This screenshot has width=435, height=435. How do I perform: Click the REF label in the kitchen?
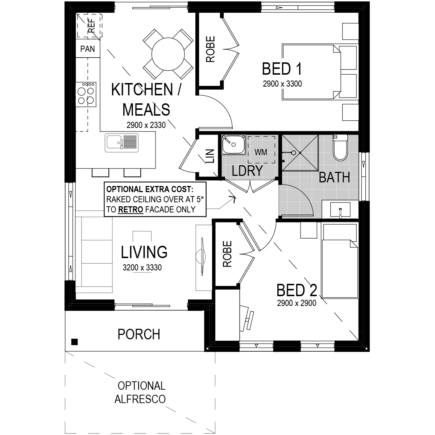91,25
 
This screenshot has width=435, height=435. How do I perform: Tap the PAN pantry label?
88,49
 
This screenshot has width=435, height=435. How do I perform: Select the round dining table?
168,54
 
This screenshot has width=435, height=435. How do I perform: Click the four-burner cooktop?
86,94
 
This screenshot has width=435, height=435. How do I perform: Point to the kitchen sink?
122,143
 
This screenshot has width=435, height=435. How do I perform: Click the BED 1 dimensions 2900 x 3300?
282,84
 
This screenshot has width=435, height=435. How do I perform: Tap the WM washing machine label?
261,152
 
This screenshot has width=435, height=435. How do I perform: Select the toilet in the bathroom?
340,148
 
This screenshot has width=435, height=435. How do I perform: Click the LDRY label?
247,170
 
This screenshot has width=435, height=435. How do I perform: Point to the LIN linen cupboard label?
210,156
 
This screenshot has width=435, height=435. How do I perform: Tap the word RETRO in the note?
131,210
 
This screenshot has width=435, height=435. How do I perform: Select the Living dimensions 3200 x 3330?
142,268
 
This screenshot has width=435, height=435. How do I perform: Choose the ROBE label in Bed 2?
227,254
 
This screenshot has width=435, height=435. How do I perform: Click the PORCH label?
139,334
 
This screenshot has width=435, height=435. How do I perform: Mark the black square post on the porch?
75,342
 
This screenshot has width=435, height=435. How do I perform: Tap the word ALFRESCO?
140,399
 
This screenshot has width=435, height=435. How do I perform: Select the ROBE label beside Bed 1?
210,49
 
